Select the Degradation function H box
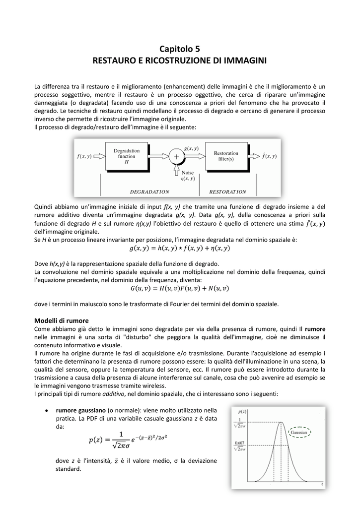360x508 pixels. point(127,156)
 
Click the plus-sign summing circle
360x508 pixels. point(176,156)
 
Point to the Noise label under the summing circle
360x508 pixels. point(188,173)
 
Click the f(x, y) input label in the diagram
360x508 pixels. point(84,156)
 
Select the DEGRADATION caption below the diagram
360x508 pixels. point(149,191)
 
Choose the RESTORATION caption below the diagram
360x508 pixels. point(227,191)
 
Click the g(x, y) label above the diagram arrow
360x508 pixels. point(191,148)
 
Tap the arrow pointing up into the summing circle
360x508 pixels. point(176,171)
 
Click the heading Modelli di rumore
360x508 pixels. point(61,320)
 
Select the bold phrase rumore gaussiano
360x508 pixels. point(81,410)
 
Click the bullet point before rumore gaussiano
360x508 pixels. point(46,411)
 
